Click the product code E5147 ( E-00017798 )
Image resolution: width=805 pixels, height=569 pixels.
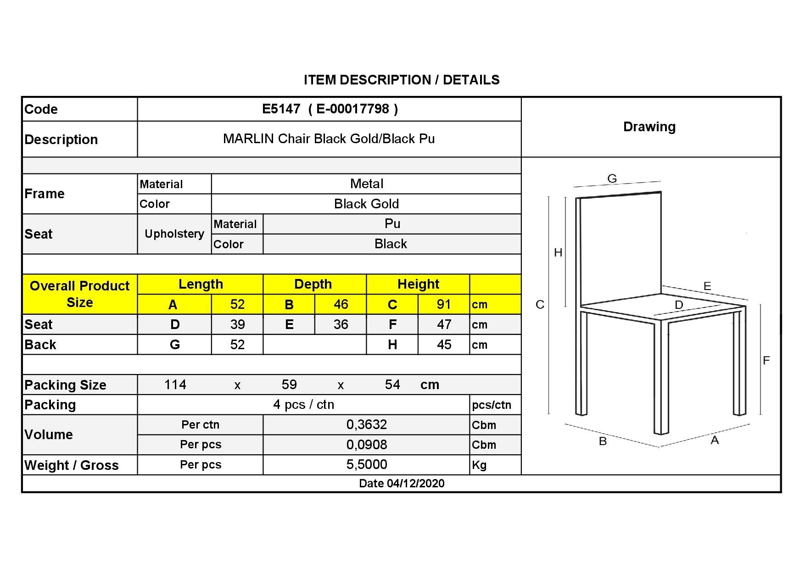(330, 109)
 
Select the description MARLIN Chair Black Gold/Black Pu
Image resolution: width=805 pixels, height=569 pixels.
(329, 139)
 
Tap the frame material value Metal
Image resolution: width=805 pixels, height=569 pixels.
(366, 184)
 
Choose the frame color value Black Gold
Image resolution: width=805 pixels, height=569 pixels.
(366, 204)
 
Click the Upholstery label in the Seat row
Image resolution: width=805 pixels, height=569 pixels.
(174, 234)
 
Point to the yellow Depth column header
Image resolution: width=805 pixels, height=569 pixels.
(313, 284)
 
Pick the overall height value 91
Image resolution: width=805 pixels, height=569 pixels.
(444, 305)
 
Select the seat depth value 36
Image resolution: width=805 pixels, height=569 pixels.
(341, 325)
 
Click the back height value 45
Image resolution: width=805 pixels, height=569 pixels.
(444, 345)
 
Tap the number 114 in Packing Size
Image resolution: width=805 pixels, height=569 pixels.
(175, 385)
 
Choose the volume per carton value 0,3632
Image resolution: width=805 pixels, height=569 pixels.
(366, 425)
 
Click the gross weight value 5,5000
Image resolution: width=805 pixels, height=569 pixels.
(366, 465)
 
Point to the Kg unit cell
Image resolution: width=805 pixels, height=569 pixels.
(479, 465)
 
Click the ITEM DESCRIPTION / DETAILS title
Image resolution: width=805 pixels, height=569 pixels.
(402, 80)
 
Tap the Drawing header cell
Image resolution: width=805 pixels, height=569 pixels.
(649, 127)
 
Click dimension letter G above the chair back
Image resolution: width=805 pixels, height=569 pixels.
(612, 179)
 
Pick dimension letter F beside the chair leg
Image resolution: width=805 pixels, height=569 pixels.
(766, 361)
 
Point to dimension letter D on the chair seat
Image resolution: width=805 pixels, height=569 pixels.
(679, 305)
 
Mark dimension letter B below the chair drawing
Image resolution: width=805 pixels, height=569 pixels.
(603, 441)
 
